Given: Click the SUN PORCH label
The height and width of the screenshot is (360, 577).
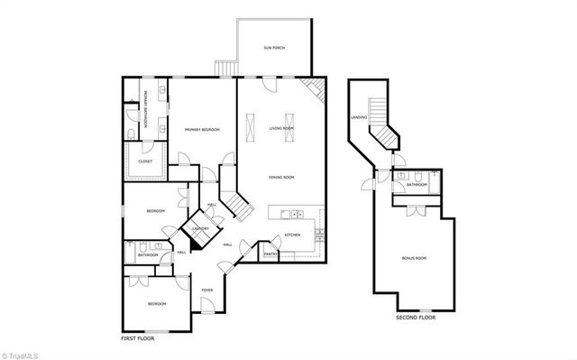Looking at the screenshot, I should coord(273,47).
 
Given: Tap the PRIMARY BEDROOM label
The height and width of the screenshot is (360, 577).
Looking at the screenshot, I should coord(203,130).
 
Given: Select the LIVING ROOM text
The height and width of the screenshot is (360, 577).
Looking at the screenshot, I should coord(282,128).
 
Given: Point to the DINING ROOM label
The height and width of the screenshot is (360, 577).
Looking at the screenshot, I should coord(282,177).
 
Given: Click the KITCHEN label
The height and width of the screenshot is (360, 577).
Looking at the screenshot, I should coord(292,235).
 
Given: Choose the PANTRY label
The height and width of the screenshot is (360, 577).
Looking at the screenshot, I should coord(270,254).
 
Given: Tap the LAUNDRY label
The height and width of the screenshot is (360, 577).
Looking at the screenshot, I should coord(200,228).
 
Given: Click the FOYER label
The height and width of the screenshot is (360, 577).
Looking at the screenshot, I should coord(207,290).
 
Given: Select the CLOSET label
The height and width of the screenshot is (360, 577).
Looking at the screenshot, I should coord(145,162).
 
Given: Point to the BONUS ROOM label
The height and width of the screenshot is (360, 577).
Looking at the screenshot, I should coord(414,259).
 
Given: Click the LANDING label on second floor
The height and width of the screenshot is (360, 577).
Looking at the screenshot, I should coord(358,117).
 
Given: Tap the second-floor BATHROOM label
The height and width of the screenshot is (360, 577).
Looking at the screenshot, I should coord(416,184).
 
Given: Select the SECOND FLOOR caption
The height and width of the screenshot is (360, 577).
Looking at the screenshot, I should coord(416,318).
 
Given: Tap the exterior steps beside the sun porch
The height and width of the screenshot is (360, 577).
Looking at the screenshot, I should coord(224,69).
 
